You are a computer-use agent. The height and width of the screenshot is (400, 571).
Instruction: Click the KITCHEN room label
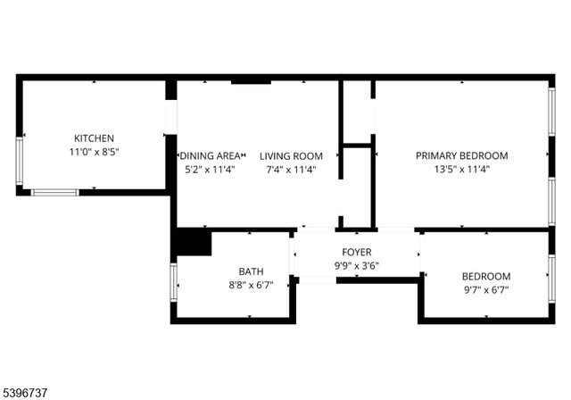[94, 138]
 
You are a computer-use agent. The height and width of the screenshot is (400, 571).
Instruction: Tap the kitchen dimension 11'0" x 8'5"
[94, 152]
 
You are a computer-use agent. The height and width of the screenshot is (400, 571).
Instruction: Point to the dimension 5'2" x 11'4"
[210, 169]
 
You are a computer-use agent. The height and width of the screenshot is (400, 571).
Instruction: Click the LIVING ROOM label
[291, 156]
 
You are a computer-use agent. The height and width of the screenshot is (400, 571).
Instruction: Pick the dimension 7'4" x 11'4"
[291, 169]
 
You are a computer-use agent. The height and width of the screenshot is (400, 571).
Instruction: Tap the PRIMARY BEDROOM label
[461, 155]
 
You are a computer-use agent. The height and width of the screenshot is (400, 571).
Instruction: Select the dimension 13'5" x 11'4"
[461, 168]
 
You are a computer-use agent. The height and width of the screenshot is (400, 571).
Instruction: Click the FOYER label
[357, 253]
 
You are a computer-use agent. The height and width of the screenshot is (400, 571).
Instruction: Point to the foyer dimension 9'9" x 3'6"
[357, 265]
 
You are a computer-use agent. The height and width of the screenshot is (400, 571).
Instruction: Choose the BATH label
[251, 271]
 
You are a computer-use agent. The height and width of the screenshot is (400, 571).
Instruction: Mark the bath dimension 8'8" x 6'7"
[251, 285]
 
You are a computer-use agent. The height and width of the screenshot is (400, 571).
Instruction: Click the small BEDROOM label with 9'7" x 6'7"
[486, 277]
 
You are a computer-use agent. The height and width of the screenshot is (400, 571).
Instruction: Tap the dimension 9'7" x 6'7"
[486, 289]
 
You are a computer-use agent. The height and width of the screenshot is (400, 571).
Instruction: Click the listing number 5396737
[27, 390]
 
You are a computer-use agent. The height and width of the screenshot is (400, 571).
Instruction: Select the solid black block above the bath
[193, 243]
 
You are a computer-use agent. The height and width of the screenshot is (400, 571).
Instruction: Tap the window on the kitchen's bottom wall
[54, 192]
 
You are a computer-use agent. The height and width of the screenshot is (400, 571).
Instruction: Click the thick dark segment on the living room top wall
[251, 82]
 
